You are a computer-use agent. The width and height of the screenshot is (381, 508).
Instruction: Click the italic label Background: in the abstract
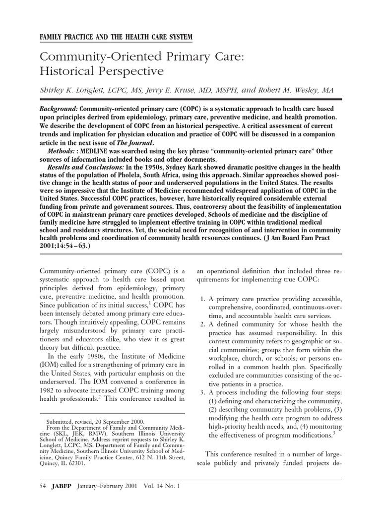[x=59, y=108]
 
